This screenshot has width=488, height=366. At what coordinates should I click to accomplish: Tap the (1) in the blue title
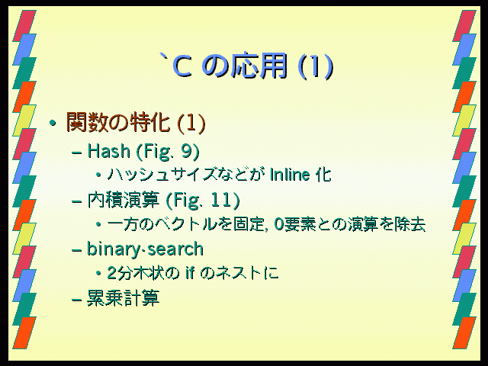[x=316, y=66]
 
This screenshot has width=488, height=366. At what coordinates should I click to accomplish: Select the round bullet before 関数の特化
[x=53, y=123]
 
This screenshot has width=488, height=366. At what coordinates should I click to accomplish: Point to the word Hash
[x=108, y=151]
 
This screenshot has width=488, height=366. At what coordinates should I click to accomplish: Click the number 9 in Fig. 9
[x=186, y=151]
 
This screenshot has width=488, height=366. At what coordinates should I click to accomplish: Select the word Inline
[x=290, y=175]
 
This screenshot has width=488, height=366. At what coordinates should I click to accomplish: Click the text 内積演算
[x=124, y=200]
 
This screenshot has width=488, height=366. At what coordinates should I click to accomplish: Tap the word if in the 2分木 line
[x=190, y=273]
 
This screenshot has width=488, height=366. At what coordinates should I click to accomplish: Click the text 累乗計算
[x=124, y=298]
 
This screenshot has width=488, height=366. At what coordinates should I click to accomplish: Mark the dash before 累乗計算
[x=76, y=300]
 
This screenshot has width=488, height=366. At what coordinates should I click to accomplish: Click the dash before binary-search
[x=76, y=251]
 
